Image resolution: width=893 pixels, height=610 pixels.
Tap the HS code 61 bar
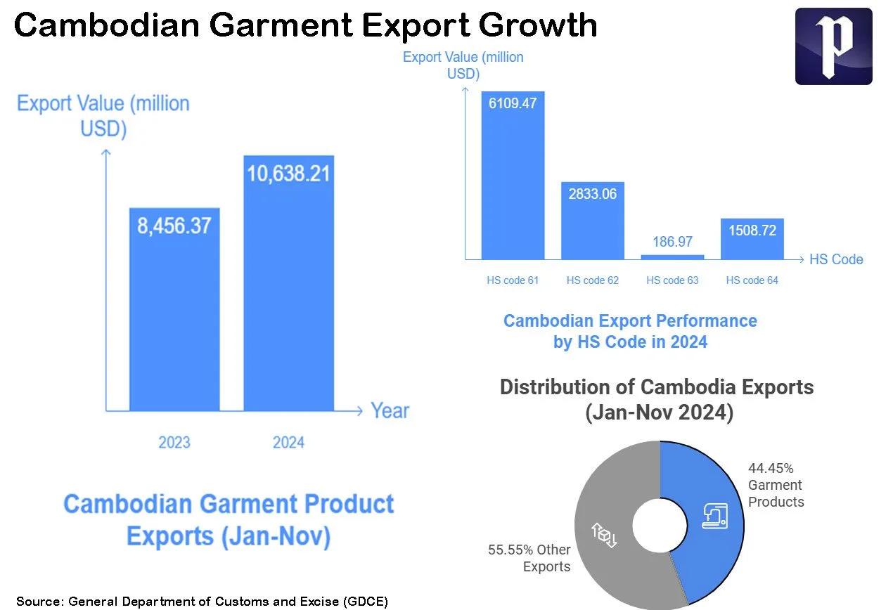point(513,176)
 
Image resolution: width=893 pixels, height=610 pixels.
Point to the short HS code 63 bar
point(672,257)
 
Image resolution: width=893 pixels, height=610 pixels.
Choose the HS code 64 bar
point(752,239)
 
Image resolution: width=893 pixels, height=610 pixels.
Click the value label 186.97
point(672,242)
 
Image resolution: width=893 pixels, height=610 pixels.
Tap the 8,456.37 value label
point(174,226)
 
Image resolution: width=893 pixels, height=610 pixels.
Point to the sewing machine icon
point(715,516)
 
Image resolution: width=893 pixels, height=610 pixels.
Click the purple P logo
point(833,46)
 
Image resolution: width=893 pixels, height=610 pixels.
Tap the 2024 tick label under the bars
point(288,442)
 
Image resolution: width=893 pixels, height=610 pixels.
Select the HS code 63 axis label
point(672,280)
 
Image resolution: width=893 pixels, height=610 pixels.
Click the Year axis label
point(390,410)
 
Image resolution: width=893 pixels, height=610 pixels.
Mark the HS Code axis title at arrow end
point(835,259)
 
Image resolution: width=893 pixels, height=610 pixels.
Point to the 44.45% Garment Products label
point(775,485)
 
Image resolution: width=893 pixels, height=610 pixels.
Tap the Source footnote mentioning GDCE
point(203,602)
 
